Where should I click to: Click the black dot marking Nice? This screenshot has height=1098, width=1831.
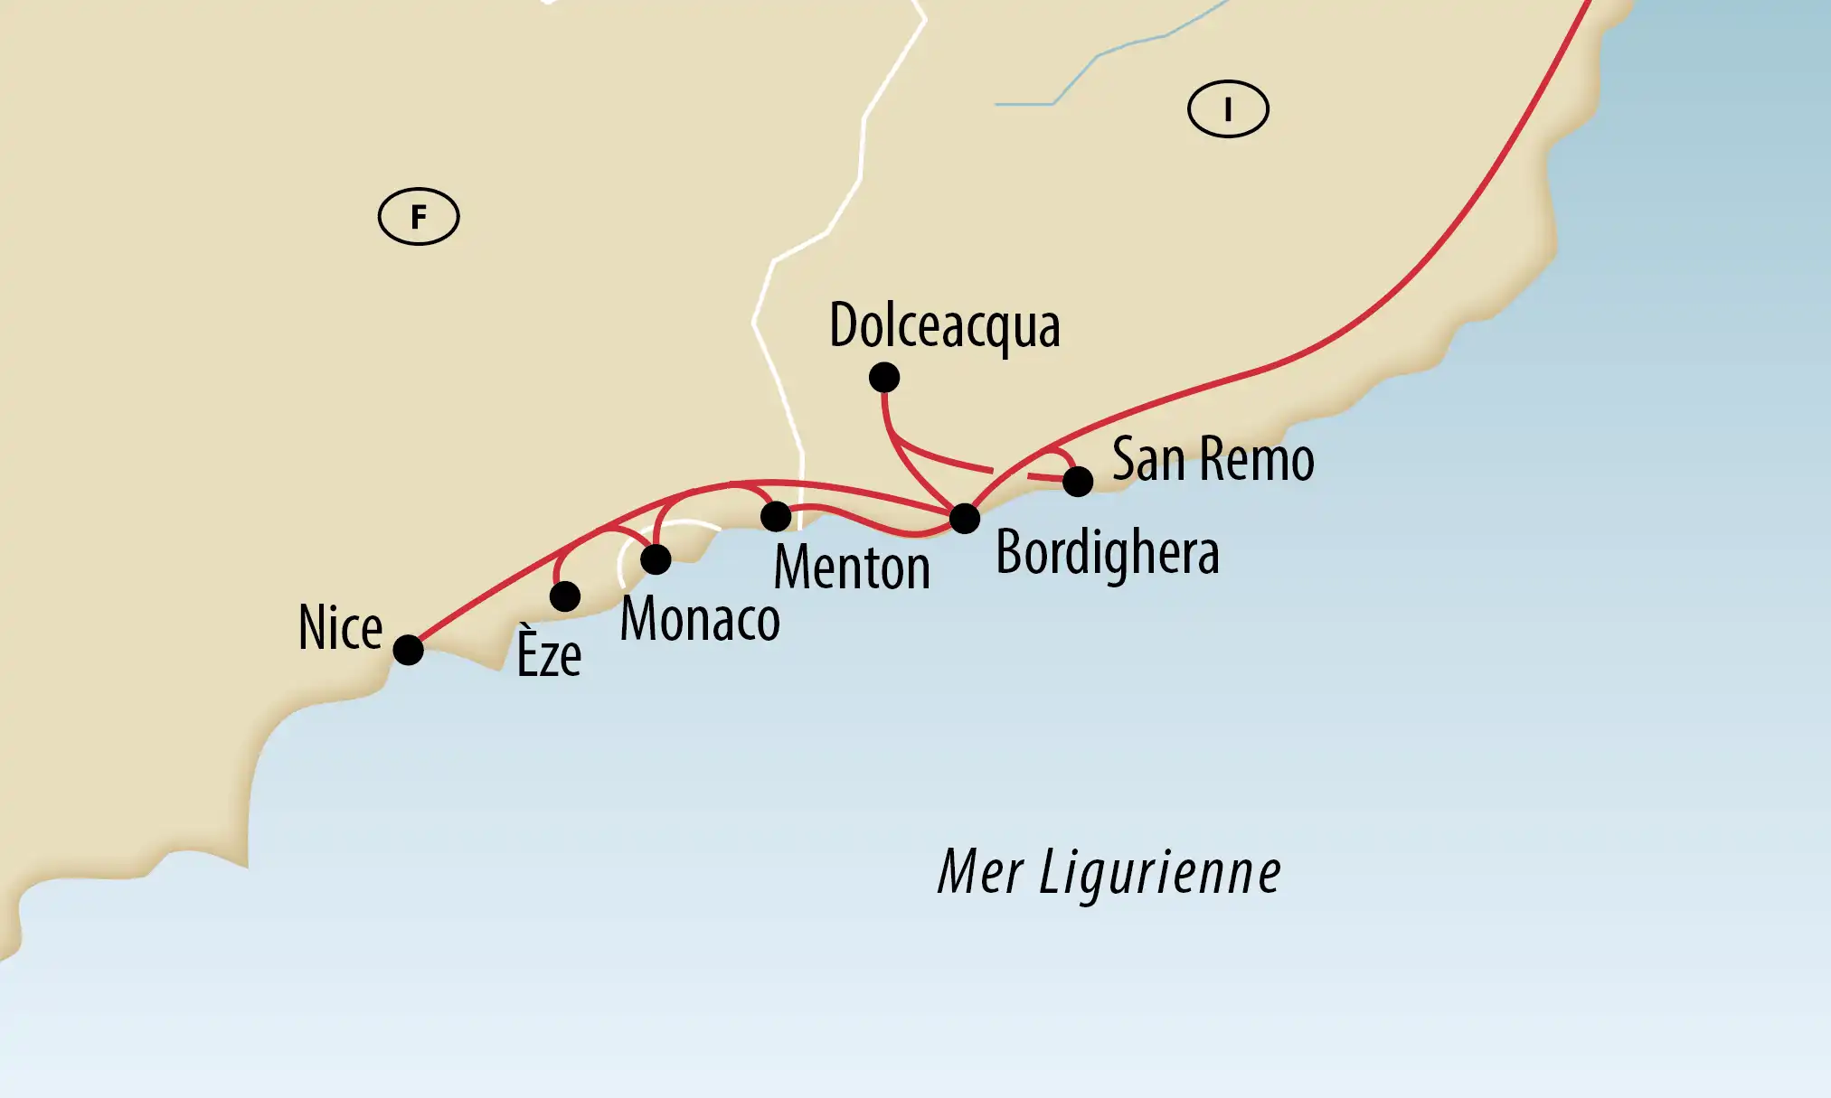408,650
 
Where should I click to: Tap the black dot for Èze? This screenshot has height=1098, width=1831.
565,596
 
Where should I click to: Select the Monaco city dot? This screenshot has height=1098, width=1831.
656,559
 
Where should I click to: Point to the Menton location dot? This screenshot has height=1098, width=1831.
776,516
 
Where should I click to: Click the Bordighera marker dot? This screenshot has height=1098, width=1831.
965,518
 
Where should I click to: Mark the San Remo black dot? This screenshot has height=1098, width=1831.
1078,482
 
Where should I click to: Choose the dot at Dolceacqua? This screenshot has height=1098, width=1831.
884,377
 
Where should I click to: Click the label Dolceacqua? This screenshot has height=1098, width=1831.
944,327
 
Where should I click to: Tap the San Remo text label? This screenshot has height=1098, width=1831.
1213,460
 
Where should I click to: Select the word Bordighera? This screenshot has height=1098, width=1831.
1107,553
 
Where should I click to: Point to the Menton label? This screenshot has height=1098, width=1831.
852,568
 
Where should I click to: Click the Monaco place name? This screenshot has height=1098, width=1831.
700,620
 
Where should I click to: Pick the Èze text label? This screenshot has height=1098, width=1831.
549,653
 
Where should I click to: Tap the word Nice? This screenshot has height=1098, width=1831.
341,628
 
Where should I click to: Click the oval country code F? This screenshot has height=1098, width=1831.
419,217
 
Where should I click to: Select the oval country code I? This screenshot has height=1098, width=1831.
1228,109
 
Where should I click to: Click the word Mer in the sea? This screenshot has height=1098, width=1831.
980,873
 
